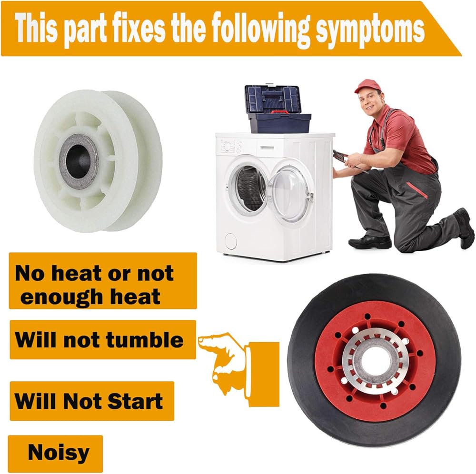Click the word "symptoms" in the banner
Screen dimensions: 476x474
point(370,30)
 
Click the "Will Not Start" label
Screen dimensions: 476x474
point(92,401)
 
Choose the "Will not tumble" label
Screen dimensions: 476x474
point(103,340)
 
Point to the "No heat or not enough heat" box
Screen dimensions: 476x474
point(103,281)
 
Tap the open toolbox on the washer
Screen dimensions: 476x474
point(277,109)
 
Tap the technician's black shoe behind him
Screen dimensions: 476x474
point(464,227)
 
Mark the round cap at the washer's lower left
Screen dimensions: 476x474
point(230,241)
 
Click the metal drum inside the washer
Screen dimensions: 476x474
point(249,188)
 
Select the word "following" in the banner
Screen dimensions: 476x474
point(261,29)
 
